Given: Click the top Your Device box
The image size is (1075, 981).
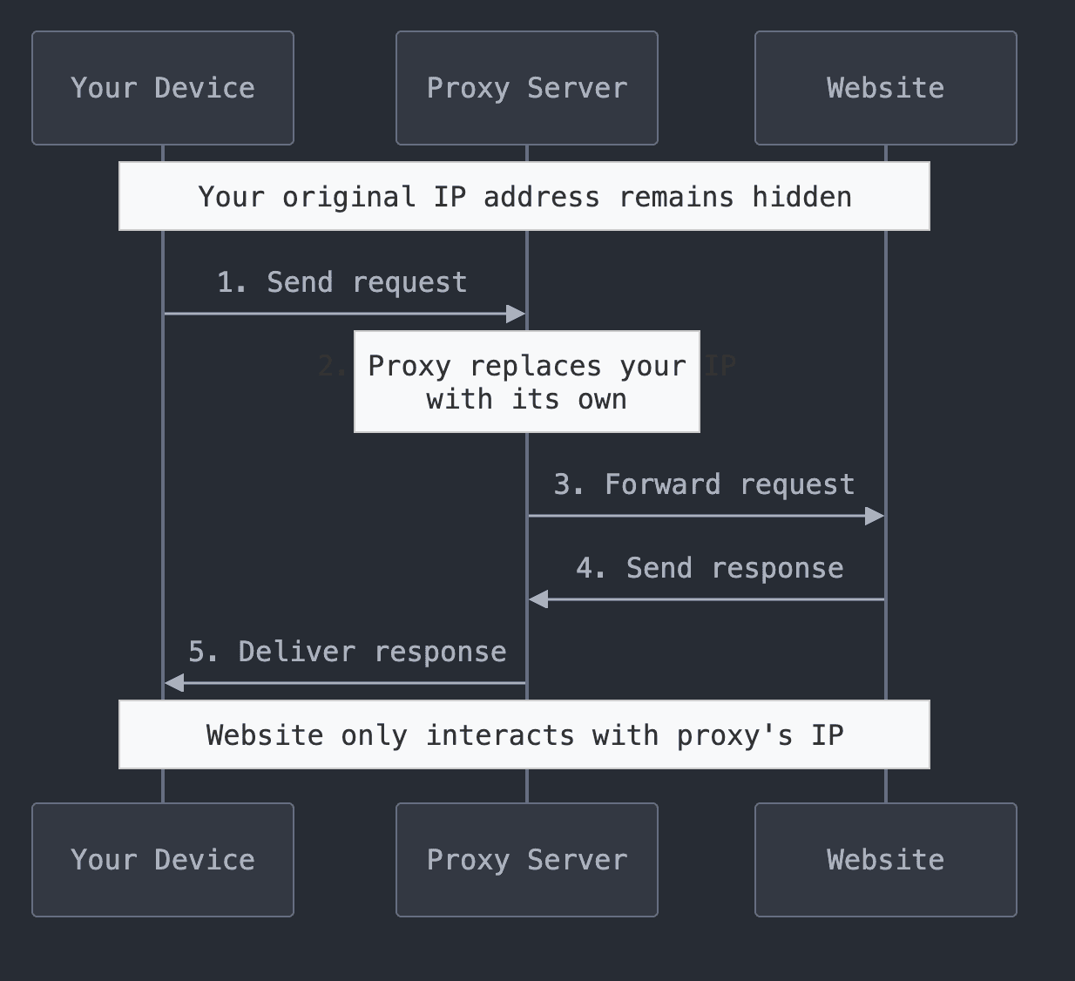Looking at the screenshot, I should tap(163, 88).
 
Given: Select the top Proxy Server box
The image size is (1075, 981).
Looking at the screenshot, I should tap(526, 88).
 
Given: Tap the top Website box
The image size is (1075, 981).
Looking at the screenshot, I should tap(885, 88).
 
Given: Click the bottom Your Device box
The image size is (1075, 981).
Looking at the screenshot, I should tap(163, 860).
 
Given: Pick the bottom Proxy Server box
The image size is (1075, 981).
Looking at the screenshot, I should tap(526, 860).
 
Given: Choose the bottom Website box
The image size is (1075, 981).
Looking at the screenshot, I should tap(885, 860).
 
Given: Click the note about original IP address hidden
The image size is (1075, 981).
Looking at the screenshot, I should tap(524, 196).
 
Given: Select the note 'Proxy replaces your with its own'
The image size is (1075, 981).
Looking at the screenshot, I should tap(526, 382).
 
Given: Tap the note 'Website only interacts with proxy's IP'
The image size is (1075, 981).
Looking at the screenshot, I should tap(524, 734).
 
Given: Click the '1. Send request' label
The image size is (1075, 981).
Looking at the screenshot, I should tap(341, 282).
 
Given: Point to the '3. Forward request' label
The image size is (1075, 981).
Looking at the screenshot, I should tap(704, 484).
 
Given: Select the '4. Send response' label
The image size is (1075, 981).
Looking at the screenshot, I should tap(709, 568).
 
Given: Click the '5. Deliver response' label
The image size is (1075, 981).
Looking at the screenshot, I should tap(347, 652).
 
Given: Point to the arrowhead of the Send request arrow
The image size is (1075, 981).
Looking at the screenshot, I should tap(517, 314).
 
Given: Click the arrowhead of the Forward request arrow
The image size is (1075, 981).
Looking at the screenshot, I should tap(875, 516).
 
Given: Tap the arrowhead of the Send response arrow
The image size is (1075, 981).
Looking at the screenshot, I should tap(538, 599).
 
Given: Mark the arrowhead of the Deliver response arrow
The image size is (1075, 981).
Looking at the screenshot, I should tap(174, 683).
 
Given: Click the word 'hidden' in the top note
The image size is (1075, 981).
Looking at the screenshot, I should tap(801, 197).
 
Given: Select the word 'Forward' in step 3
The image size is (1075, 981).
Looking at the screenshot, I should tap(662, 484).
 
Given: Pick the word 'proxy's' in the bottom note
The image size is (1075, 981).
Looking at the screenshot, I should tap(734, 735).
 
